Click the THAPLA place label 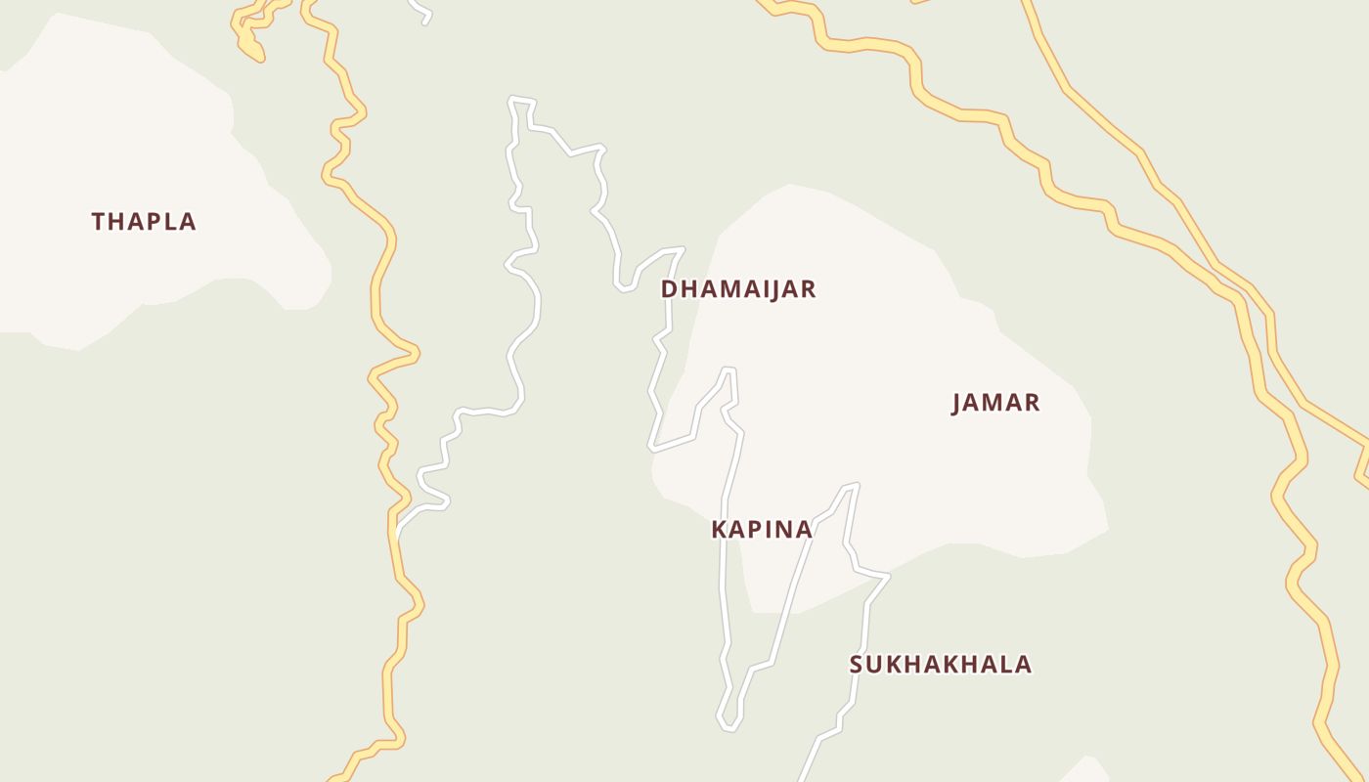[x=144, y=222]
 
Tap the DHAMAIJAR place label [x=738, y=289]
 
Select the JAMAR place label [x=995, y=403]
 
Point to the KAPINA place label [x=762, y=530]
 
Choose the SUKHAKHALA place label [x=941, y=665]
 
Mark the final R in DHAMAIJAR [x=808, y=289]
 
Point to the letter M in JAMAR [x=995, y=403]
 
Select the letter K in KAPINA [x=719, y=530]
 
